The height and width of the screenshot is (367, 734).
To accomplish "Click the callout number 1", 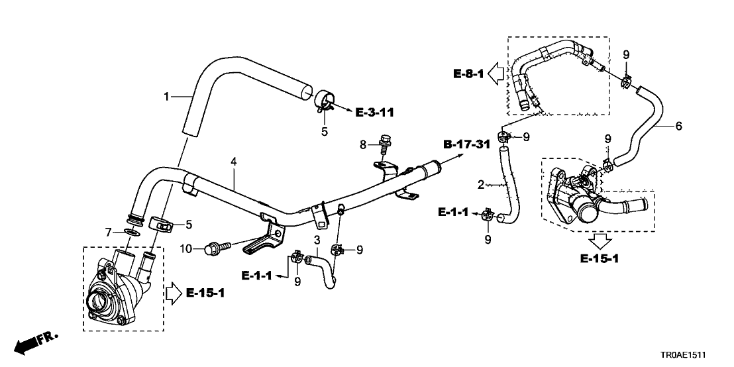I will pos(166,97).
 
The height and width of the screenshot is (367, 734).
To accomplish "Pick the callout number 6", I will pos(678,126).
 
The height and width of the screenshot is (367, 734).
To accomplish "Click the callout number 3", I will pos(317,239).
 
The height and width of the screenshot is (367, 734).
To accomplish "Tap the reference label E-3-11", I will pos(374,112).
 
